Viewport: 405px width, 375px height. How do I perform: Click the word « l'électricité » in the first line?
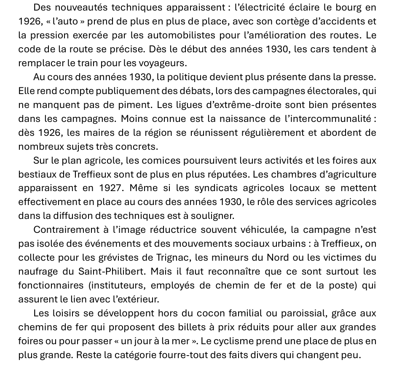point(265,8)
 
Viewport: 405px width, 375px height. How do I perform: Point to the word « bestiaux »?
point(37,175)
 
